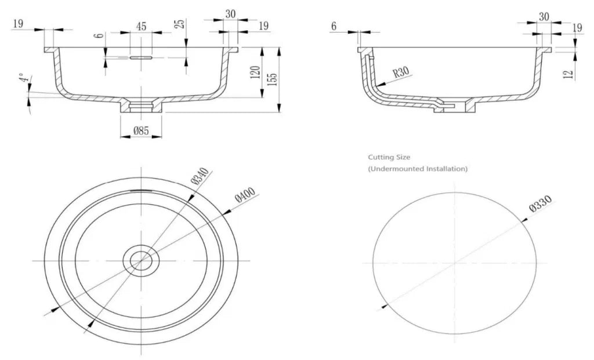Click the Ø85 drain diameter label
(141, 131)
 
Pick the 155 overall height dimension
(273, 79)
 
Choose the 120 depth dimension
(256, 72)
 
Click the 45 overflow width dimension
(141, 27)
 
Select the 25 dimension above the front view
(181, 23)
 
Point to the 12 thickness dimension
(568, 74)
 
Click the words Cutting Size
(389, 157)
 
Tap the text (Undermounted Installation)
(418, 169)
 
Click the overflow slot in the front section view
(141, 58)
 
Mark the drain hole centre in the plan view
(141, 260)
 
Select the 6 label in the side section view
(334, 26)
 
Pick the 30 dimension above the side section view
(544, 17)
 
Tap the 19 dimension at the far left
(18, 24)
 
